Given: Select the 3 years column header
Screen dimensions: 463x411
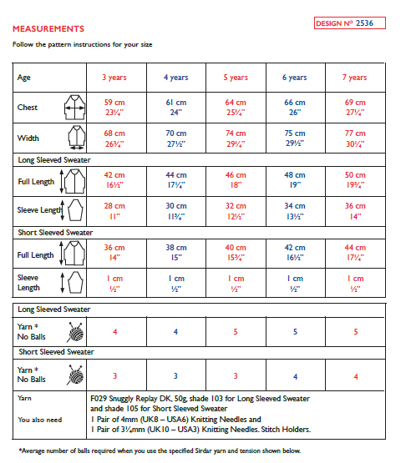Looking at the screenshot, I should click(114, 78).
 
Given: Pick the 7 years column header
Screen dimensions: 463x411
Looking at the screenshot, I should click(355, 78).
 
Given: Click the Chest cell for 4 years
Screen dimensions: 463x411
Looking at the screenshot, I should click(175, 107).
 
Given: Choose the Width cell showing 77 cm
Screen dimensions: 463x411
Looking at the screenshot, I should click(355, 138).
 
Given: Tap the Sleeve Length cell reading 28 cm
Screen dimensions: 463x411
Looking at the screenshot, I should click(114, 209).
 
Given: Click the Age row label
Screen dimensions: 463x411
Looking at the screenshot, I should click(24, 78).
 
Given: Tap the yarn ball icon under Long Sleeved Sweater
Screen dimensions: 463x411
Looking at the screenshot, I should click(74, 332).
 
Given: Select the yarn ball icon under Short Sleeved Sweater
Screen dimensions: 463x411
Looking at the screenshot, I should click(74, 375).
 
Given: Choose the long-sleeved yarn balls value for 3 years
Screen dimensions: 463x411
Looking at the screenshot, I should click(114, 332).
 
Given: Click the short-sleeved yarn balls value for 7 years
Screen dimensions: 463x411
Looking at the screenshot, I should click(355, 376).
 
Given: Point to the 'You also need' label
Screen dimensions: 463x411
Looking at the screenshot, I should click(38, 420).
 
